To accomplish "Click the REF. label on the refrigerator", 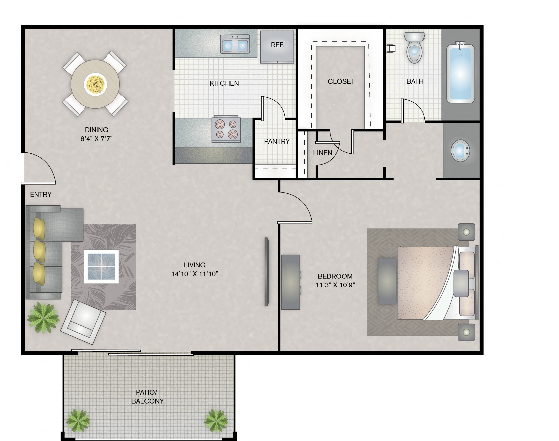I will tap(277, 45).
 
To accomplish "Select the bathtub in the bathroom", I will tap(460, 74).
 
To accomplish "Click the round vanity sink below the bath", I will tap(460, 151).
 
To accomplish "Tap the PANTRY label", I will tap(276, 141).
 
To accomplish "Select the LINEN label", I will tap(322, 153).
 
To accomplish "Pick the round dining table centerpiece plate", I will tap(95, 84).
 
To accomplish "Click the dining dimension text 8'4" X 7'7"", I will tap(96, 139).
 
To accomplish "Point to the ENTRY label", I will tap(41, 194).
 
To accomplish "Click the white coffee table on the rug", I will tap(101, 266).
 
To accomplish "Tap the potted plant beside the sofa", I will tap(43, 318).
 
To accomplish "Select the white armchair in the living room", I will tap(83, 322).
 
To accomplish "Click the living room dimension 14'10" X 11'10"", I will tap(195, 274).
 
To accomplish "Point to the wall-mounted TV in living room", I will tap(267, 272).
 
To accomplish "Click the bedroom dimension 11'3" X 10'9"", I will tap(335, 285).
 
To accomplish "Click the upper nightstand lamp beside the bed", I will tap(466, 232).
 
